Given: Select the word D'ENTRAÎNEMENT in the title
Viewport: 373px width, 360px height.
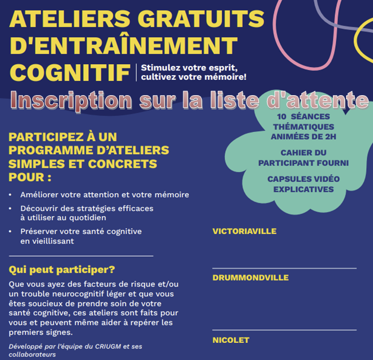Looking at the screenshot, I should click(x=123, y=45).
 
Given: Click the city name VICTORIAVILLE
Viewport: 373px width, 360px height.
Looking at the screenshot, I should click(x=244, y=232).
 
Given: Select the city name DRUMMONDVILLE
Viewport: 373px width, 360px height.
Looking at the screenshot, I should click(x=250, y=278).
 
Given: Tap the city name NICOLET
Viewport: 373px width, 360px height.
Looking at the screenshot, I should click(x=231, y=340).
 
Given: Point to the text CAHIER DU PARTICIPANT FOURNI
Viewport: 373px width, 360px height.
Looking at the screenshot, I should click(x=303, y=158).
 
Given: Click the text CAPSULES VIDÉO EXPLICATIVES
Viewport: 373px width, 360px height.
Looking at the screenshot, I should click(x=303, y=184).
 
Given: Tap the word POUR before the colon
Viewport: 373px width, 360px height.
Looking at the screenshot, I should click(x=25, y=177).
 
